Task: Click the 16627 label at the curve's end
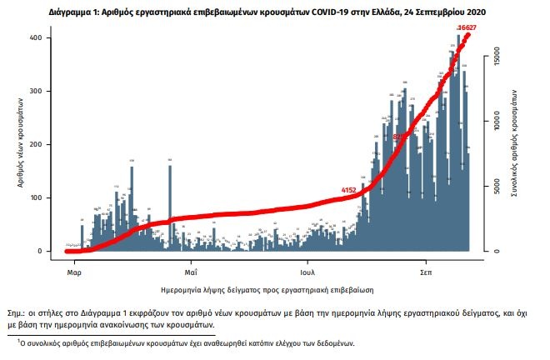point(467,27)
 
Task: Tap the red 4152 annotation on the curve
point(349,191)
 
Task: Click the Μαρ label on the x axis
point(73,272)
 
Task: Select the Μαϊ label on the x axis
point(191,272)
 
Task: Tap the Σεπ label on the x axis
point(426,272)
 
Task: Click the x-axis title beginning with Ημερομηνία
point(267,289)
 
